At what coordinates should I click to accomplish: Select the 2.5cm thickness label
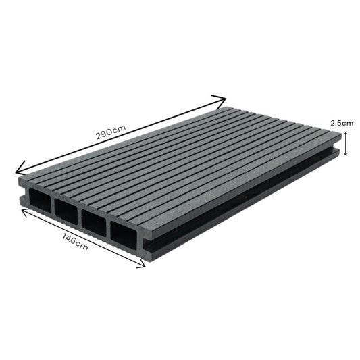(341, 123)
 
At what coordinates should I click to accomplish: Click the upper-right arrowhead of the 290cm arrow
(223, 99)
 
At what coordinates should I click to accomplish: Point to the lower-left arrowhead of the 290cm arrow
(18, 170)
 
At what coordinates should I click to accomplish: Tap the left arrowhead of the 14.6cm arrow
(24, 211)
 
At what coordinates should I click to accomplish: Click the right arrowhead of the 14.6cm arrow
(143, 266)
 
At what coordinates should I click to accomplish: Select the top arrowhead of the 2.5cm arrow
(345, 133)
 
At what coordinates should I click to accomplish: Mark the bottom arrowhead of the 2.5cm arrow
(345, 154)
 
